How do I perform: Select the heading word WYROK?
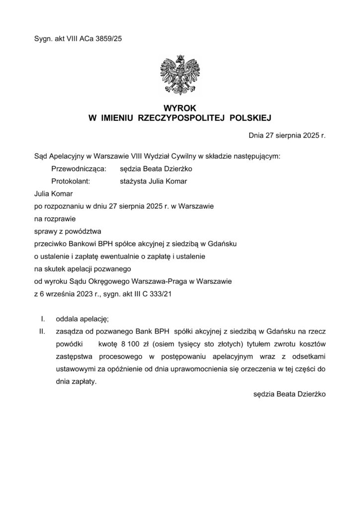click(180, 108)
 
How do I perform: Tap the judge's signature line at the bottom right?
click(289, 395)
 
